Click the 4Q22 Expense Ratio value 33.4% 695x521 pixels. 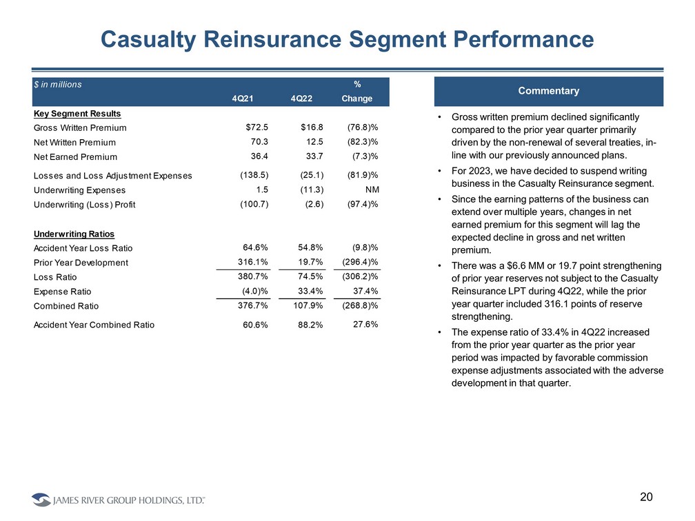point(309,291)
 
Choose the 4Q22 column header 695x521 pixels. point(301,99)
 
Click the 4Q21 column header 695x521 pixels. point(242,99)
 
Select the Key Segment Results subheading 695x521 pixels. point(68,113)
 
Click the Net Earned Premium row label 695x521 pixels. point(75,158)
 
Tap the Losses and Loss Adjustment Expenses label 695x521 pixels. point(112,176)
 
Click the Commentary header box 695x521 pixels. point(549,91)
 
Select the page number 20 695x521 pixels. point(646,497)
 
